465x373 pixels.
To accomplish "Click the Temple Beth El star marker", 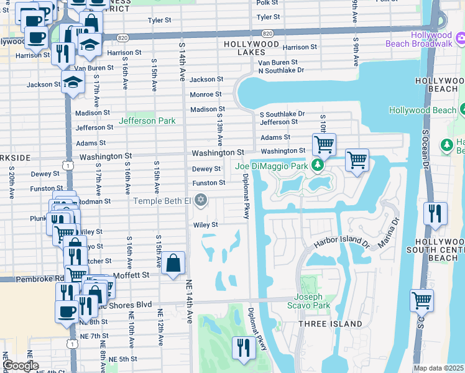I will [x=200, y=200].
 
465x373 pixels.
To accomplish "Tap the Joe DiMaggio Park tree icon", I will [x=318, y=165].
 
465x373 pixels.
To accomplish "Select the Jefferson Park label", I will [x=147, y=121].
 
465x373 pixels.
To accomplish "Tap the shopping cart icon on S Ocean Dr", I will [x=422, y=300].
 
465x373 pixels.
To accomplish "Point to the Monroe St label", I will [x=206, y=94].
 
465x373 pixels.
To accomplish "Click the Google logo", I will [x=21, y=366].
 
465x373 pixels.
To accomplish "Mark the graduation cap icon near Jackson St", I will [x=73, y=81].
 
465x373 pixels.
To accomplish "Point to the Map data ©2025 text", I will [x=438, y=368].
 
